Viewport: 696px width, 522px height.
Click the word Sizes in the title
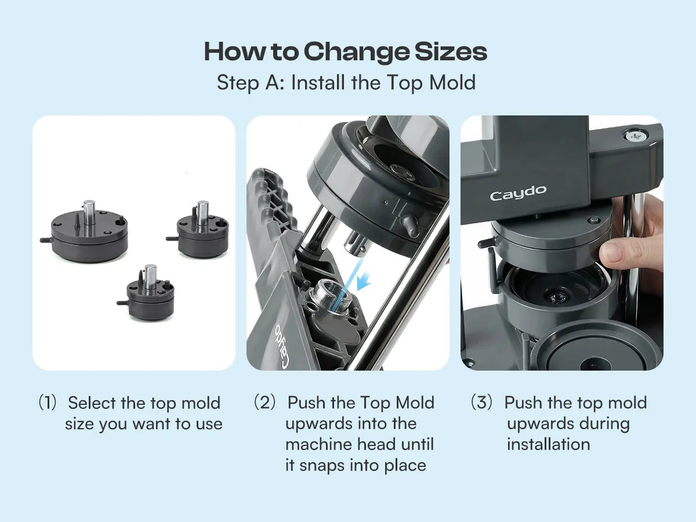pyautogui.click(x=451, y=52)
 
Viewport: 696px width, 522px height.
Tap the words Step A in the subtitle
pyautogui.click(x=251, y=83)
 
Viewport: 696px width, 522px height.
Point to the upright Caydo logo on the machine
pyautogui.click(x=518, y=193)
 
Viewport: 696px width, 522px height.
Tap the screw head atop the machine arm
pyautogui.click(x=636, y=136)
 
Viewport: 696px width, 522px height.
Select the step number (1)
pyautogui.click(x=48, y=403)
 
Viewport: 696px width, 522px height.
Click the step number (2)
pyautogui.click(x=265, y=403)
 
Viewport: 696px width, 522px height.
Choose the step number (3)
pyautogui.click(x=481, y=403)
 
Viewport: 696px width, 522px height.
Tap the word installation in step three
pyautogui.click(x=549, y=444)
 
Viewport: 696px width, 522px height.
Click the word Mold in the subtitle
pyautogui.click(x=452, y=83)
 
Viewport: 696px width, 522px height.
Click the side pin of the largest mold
pyautogui.click(x=46, y=240)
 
